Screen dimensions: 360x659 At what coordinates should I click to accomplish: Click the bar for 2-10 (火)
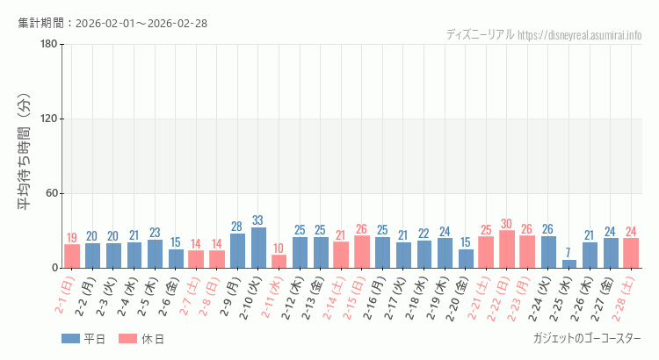[258, 248]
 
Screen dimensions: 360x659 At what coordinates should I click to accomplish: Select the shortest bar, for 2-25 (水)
[569, 263]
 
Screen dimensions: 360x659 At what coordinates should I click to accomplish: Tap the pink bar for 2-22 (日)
[507, 249]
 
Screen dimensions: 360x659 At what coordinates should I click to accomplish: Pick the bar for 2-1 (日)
[72, 256]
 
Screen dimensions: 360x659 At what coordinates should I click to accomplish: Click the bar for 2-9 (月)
[237, 251]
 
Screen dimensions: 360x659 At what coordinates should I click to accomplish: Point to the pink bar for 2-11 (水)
[279, 262]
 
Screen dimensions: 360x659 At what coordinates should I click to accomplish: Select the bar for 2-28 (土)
[631, 253]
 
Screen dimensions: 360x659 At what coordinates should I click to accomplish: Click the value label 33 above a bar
[258, 220]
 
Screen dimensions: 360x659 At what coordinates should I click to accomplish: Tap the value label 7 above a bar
[569, 253]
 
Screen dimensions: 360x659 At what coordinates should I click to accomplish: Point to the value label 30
[507, 224]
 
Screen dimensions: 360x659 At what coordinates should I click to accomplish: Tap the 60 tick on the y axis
[51, 194]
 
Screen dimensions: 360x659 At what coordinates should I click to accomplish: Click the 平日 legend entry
[84, 339]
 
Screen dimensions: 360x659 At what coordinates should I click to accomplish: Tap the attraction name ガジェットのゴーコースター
[587, 338]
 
